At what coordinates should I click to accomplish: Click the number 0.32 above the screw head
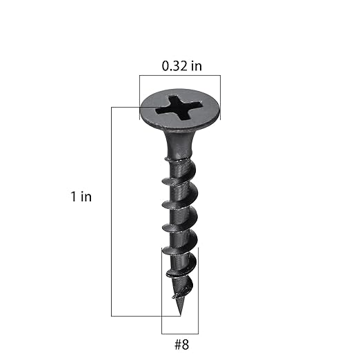pos(173,66)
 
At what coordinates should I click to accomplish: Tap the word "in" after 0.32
pos(195,66)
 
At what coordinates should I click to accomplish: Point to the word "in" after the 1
pos(86,197)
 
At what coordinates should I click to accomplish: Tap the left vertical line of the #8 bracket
pos(161,290)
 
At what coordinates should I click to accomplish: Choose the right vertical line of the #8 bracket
pos(198,290)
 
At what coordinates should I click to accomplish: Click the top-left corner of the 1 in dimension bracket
pos(112,106)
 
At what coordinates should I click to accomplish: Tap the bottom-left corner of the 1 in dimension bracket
pos(112,316)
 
